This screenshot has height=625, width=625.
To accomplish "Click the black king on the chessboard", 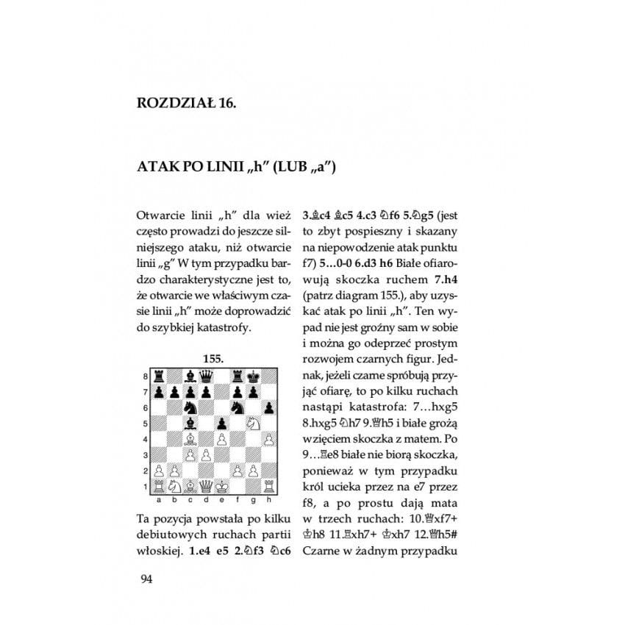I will click(x=254, y=376).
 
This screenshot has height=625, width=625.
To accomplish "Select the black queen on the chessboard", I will click(x=206, y=376).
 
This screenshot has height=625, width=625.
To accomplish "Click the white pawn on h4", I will click(x=270, y=439).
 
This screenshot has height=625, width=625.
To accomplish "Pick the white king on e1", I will click(x=221, y=486).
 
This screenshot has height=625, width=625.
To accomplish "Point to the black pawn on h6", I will click(x=270, y=407).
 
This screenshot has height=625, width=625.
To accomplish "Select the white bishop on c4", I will click(x=190, y=439).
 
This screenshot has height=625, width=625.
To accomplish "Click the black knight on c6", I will click(x=190, y=407).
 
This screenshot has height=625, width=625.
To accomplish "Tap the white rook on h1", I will click(x=270, y=486).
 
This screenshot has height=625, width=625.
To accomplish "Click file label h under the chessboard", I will click(x=270, y=500).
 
